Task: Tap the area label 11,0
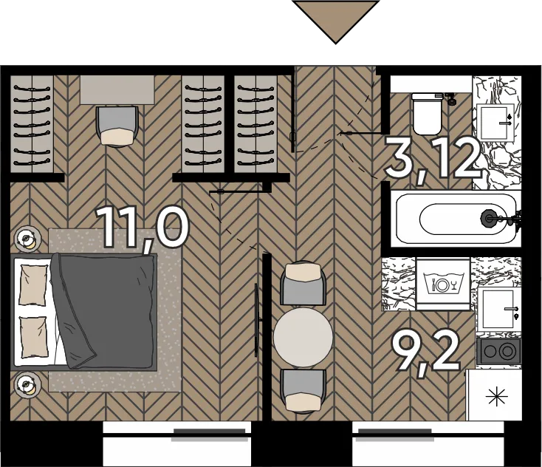click(x=142, y=228)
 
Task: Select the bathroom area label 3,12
click(x=433, y=160)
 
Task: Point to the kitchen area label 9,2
click(x=426, y=353)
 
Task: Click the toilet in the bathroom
click(x=428, y=114)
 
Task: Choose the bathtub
click(x=456, y=218)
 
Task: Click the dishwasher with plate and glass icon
click(x=443, y=284)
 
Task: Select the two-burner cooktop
click(x=498, y=351)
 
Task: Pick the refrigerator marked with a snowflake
click(x=493, y=395)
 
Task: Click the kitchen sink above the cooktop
click(x=498, y=309)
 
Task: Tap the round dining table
click(x=303, y=337)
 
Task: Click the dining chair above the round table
click(x=303, y=284)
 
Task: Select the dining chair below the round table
click(x=303, y=391)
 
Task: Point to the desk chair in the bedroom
click(x=117, y=126)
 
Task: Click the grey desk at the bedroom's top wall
click(x=117, y=89)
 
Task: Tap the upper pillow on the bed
click(x=33, y=285)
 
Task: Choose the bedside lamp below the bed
click(x=27, y=384)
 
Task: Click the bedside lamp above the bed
click(x=27, y=239)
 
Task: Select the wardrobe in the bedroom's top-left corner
click(x=32, y=124)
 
